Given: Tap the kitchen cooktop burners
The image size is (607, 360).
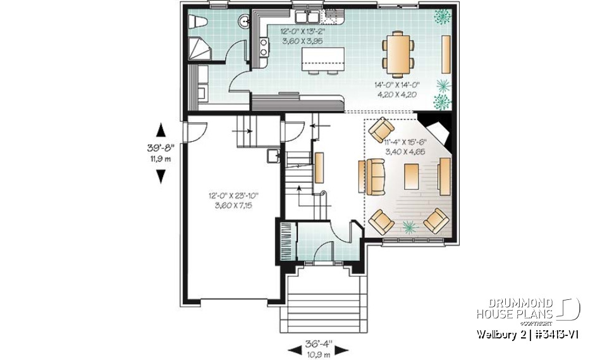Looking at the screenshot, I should (x=263, y=44).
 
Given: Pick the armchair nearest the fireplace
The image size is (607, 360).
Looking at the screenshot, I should (x=381, y=130).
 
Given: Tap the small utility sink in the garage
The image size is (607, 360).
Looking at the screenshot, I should (x=273, y=156).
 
